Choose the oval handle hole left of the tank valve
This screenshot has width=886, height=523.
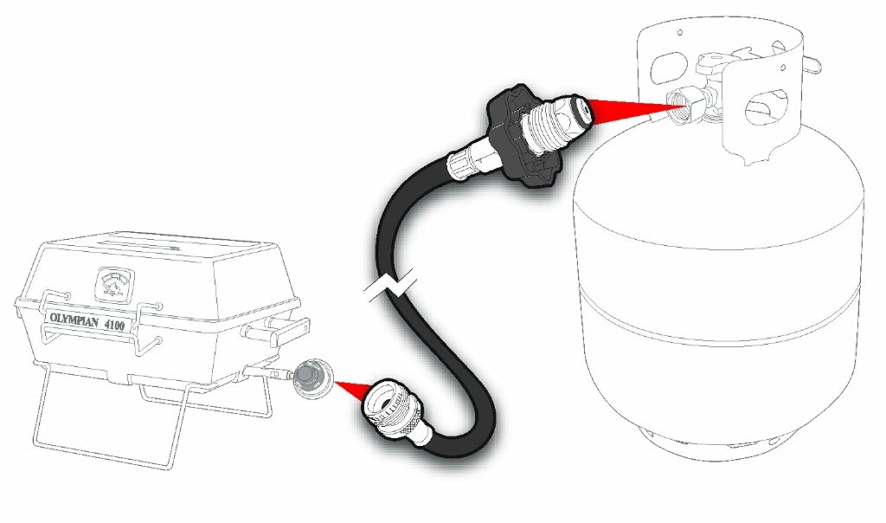(669, 66)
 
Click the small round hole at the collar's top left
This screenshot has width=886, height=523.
(678, 32)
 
